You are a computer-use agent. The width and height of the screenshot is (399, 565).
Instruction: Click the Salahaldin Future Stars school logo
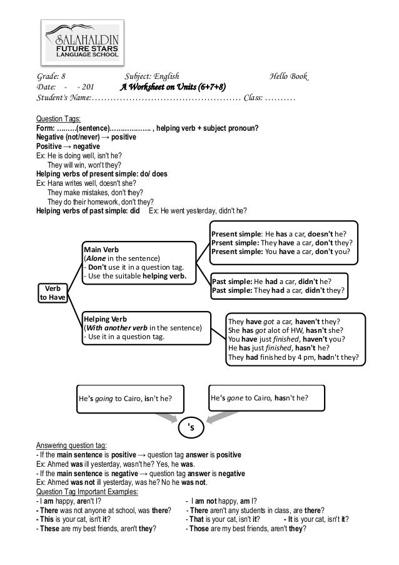tap(83, 41)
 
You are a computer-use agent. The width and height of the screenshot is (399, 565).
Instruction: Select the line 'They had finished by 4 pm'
tap(293, 358)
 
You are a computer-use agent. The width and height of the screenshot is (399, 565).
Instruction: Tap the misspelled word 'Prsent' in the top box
tap(225, 243)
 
